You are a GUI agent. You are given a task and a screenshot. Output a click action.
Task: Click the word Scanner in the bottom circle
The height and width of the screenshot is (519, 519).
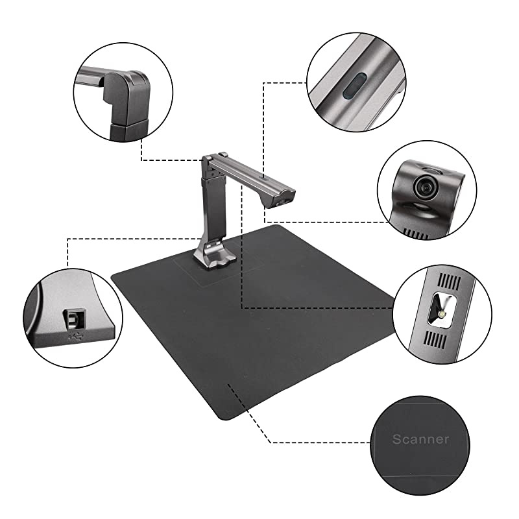click(x=420, y=439)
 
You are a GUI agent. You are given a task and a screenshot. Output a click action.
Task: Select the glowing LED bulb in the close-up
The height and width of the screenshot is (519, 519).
click(x=442, y=313)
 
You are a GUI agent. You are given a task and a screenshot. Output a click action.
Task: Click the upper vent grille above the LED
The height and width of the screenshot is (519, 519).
click(x=447, y=283)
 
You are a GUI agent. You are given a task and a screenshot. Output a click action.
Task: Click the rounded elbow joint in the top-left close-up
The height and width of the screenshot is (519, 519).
click(x=130, y=91)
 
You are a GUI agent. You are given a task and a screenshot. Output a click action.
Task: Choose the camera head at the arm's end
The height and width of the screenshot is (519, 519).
click(x=284, y=197)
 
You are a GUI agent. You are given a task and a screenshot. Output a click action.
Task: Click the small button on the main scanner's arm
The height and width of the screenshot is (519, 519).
click(x=262, y=176)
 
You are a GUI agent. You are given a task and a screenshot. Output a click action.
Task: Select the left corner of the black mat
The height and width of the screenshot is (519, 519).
click(x=114, y=276)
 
